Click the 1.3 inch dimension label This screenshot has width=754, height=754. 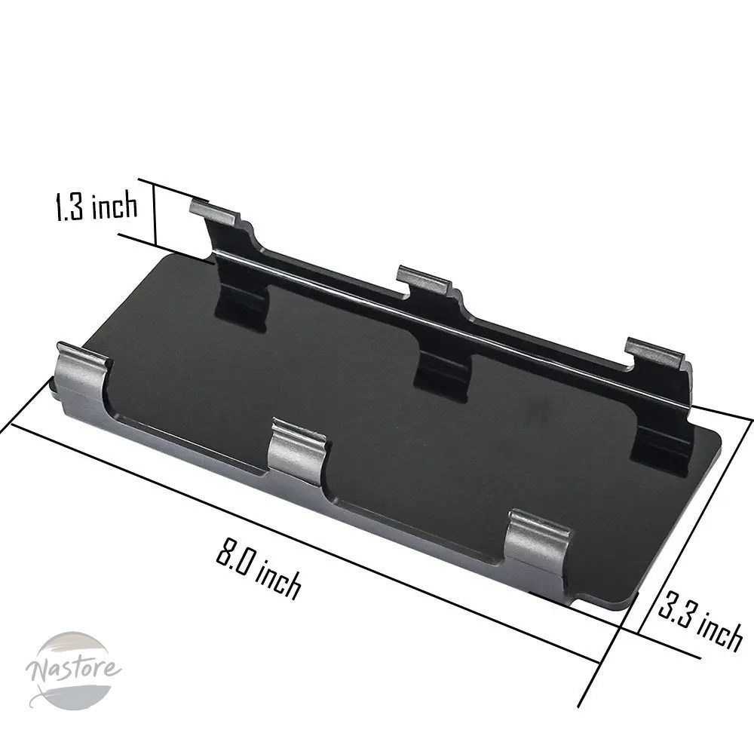(x=97, y=206)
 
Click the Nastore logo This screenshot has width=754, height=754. (x=73, y=670)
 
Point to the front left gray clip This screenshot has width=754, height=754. (x=81, y=375)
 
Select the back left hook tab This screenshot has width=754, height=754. (x=215, y=212)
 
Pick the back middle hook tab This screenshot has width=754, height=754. (x=424, y=280)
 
